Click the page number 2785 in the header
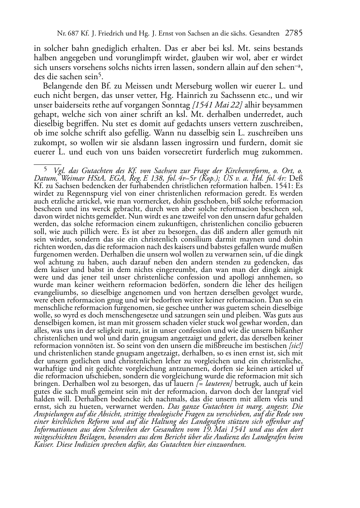[x=294, y=34]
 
